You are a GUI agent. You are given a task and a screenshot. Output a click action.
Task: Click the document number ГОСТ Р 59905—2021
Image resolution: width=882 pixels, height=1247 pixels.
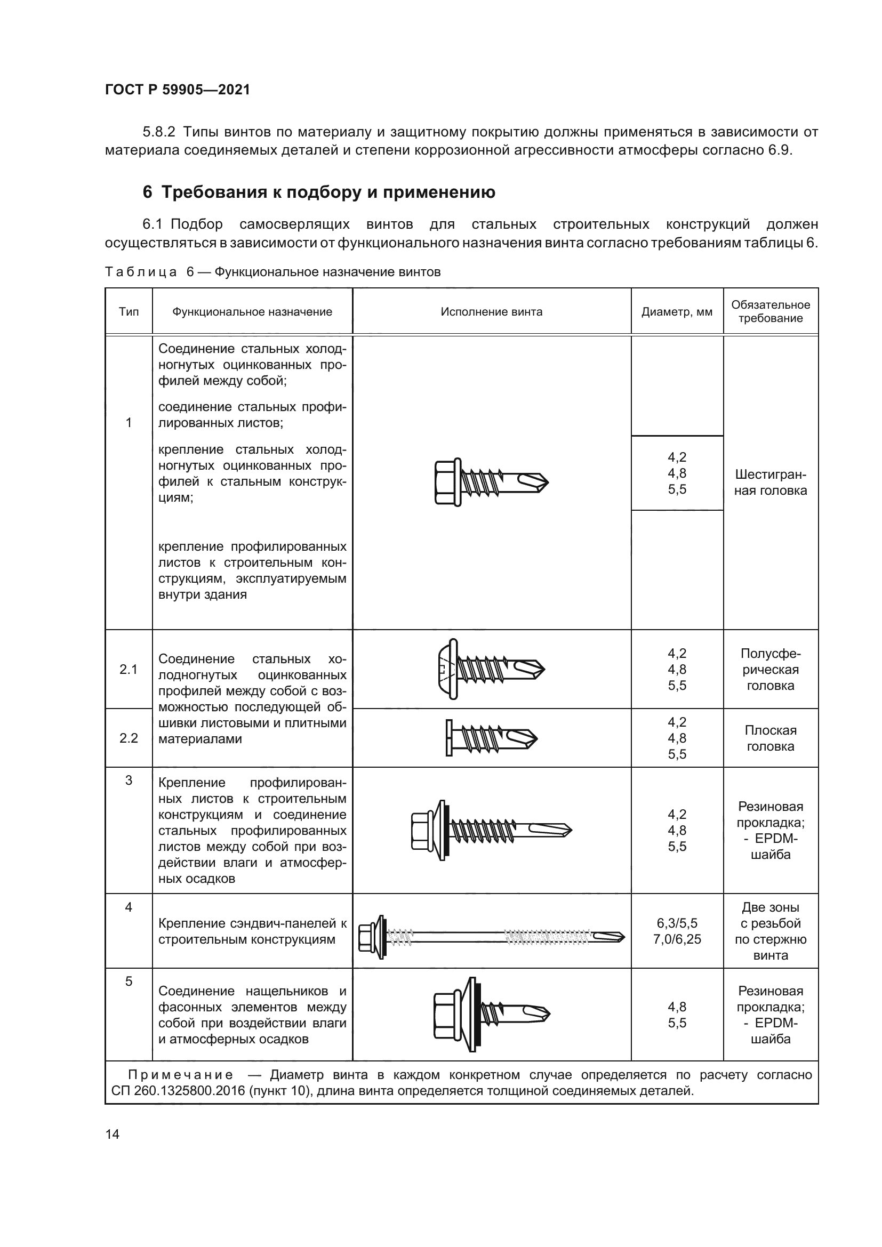point(178,90)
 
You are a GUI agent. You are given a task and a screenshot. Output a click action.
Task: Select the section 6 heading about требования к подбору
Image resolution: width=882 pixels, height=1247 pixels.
point(319,192)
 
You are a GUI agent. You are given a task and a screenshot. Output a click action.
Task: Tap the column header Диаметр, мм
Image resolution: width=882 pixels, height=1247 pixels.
point(677,312)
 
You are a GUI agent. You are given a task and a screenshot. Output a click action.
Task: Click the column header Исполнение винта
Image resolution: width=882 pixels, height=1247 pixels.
point(492,312)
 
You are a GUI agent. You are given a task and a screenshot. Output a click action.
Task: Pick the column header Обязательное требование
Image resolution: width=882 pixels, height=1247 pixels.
point(770,312)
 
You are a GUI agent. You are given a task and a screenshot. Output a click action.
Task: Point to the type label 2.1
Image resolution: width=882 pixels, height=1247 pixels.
point(129,669)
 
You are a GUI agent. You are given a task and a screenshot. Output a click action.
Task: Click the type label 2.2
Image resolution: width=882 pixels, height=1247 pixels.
point(129,737)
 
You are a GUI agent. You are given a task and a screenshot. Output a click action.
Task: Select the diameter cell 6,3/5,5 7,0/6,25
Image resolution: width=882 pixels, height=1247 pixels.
point(677,931)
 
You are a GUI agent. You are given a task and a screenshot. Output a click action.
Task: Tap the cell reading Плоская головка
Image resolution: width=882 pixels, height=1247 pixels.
point(770,738)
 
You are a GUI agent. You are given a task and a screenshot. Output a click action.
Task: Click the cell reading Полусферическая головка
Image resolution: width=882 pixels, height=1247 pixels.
point(770,669)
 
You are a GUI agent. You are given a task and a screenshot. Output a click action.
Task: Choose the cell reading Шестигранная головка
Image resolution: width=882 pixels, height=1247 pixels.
point(770,482)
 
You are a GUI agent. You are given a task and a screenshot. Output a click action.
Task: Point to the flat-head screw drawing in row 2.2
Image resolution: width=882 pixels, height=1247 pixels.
point(492,738)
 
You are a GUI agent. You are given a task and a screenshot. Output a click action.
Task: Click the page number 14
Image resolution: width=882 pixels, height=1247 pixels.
point(113,1134)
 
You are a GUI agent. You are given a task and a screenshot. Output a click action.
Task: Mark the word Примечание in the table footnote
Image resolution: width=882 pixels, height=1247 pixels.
point(181,1075)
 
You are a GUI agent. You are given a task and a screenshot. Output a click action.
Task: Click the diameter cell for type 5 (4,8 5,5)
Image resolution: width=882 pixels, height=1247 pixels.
point(677,1015)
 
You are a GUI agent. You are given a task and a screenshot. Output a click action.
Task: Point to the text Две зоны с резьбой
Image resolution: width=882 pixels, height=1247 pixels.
point(770,915)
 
